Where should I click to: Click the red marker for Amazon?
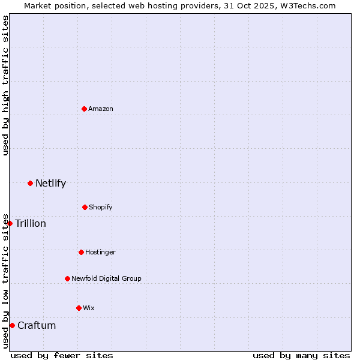click(85, 109)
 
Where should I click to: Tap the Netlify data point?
click(30, 183)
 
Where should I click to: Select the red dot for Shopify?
click(85, 207)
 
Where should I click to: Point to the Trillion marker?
click(10, 223)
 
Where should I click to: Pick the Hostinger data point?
click(81, 252)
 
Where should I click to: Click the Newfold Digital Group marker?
click(67, 278)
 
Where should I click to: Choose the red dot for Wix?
click(79, 308)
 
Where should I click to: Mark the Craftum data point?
click(12, 325)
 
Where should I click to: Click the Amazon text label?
click(101, 109)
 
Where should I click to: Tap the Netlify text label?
click(50, 183)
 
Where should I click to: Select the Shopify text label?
click(101, 207)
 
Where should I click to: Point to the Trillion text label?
click(31, 223)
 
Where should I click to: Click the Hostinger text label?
click(100, 252)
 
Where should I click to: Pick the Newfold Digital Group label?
click(106, 278)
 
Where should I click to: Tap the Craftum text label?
click(37, 325)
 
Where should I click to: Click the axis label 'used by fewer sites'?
click(62, 355)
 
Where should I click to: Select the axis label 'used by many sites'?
click(301, 355)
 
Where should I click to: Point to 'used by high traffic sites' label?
click(6, 86)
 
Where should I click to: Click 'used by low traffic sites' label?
click(6, 280)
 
